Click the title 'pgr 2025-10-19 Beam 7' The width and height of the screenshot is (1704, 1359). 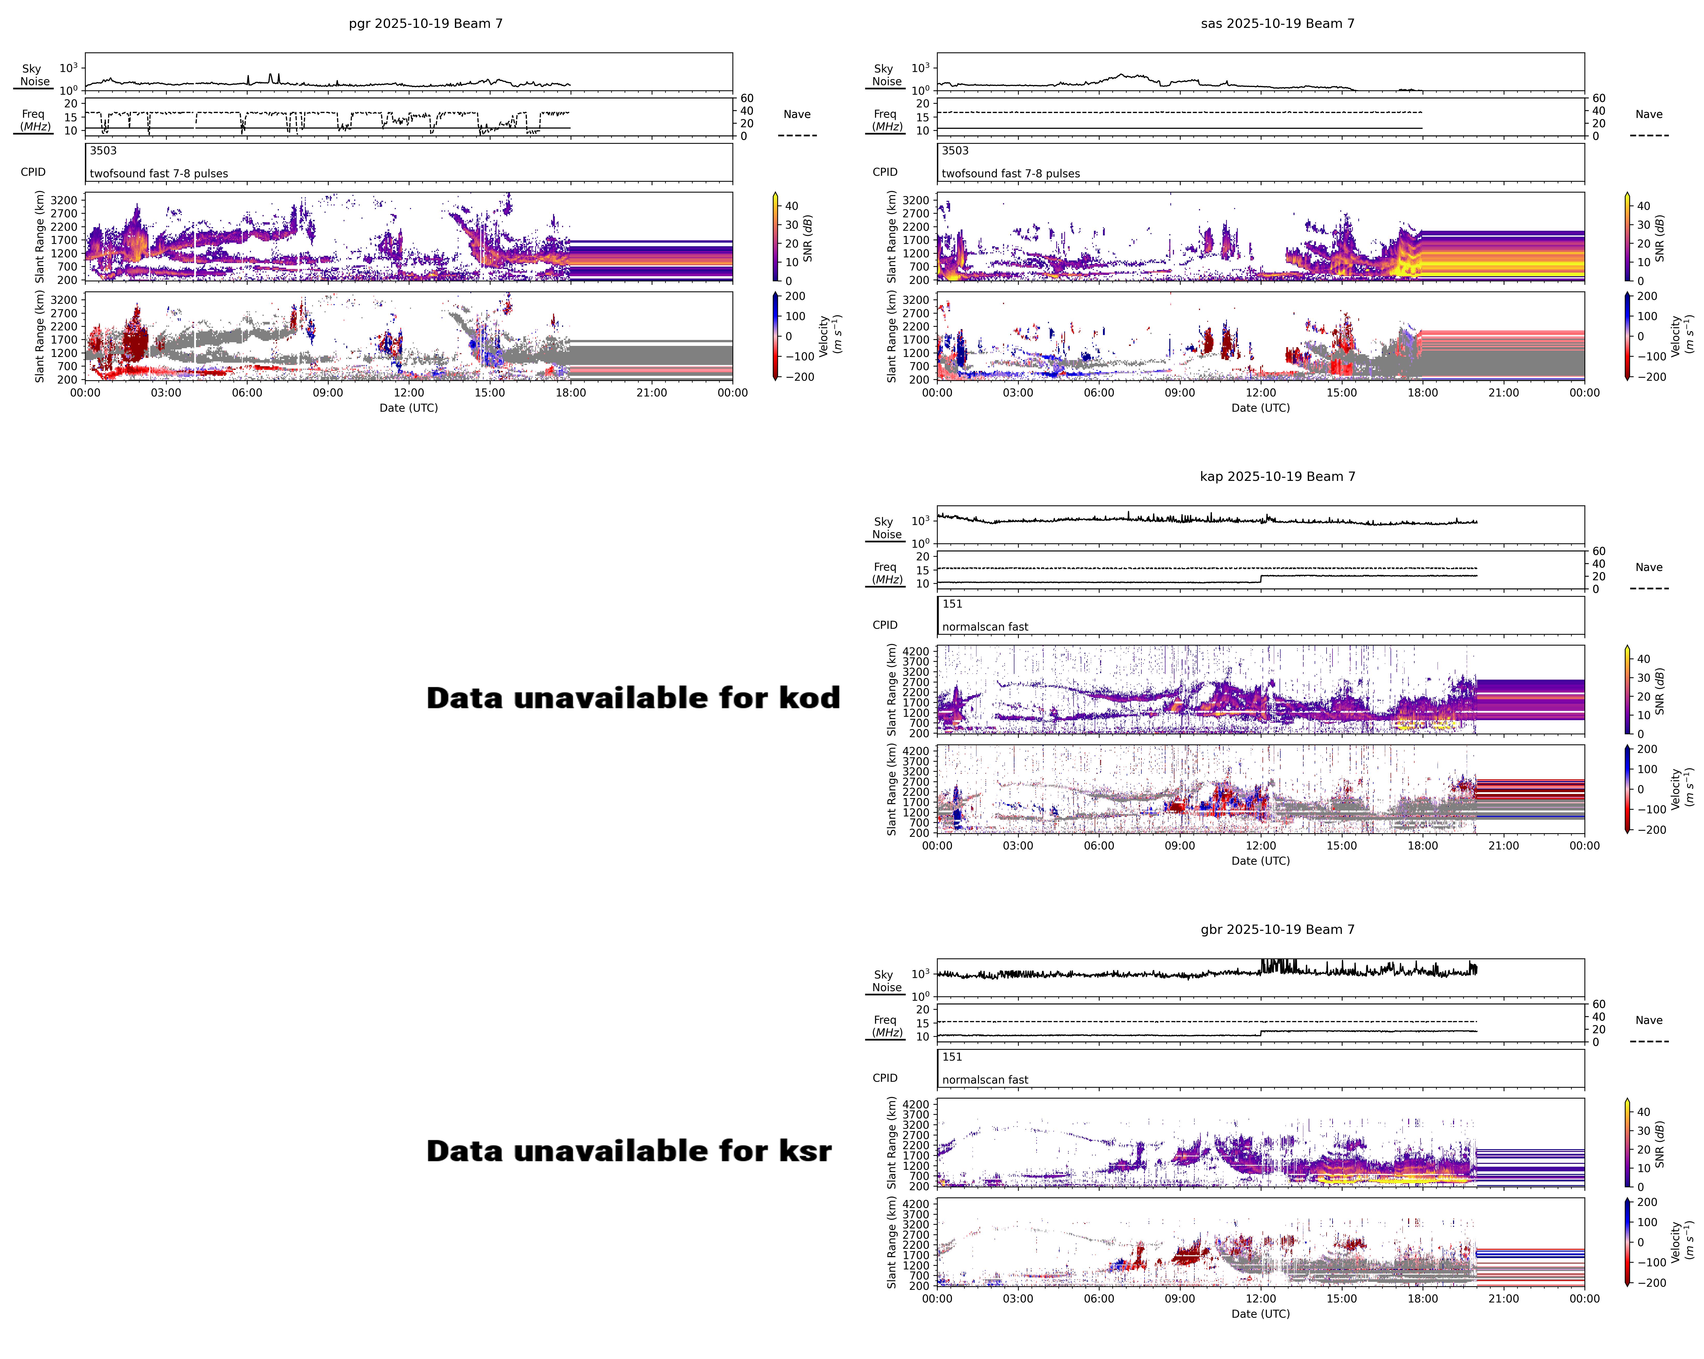pos(425,24)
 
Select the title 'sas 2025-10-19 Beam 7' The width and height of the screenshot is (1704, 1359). pos(1277,24)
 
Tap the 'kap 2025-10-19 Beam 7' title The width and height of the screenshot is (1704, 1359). pos(1277,476)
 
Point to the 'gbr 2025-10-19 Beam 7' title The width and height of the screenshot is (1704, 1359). pos(1277,929)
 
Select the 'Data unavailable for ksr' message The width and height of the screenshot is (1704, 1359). pos(628,1151)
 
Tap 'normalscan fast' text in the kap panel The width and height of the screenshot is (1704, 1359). pos(985,626)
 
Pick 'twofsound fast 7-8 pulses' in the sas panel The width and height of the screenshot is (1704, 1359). pos(1010,174)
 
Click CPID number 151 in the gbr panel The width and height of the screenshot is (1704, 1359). pos(952,1057)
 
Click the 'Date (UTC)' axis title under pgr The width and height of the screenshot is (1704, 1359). pos(409,408)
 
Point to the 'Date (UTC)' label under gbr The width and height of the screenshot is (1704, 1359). pos(1261,1314)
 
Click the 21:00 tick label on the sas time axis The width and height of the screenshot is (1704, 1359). pos(1503,393)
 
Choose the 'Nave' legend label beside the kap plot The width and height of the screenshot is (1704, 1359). pos(1649,567)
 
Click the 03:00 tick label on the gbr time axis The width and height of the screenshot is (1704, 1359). pos(1018,1298)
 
